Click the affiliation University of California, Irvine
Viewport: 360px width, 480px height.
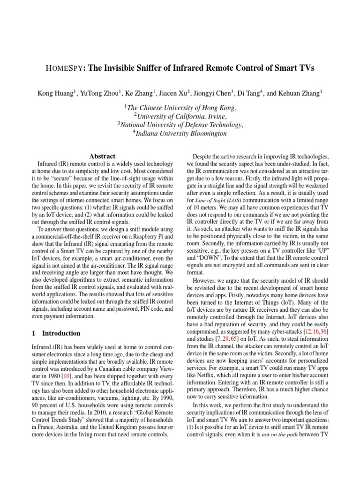[x=180, y=116]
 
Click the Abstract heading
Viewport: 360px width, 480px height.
[x=102, y=156]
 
